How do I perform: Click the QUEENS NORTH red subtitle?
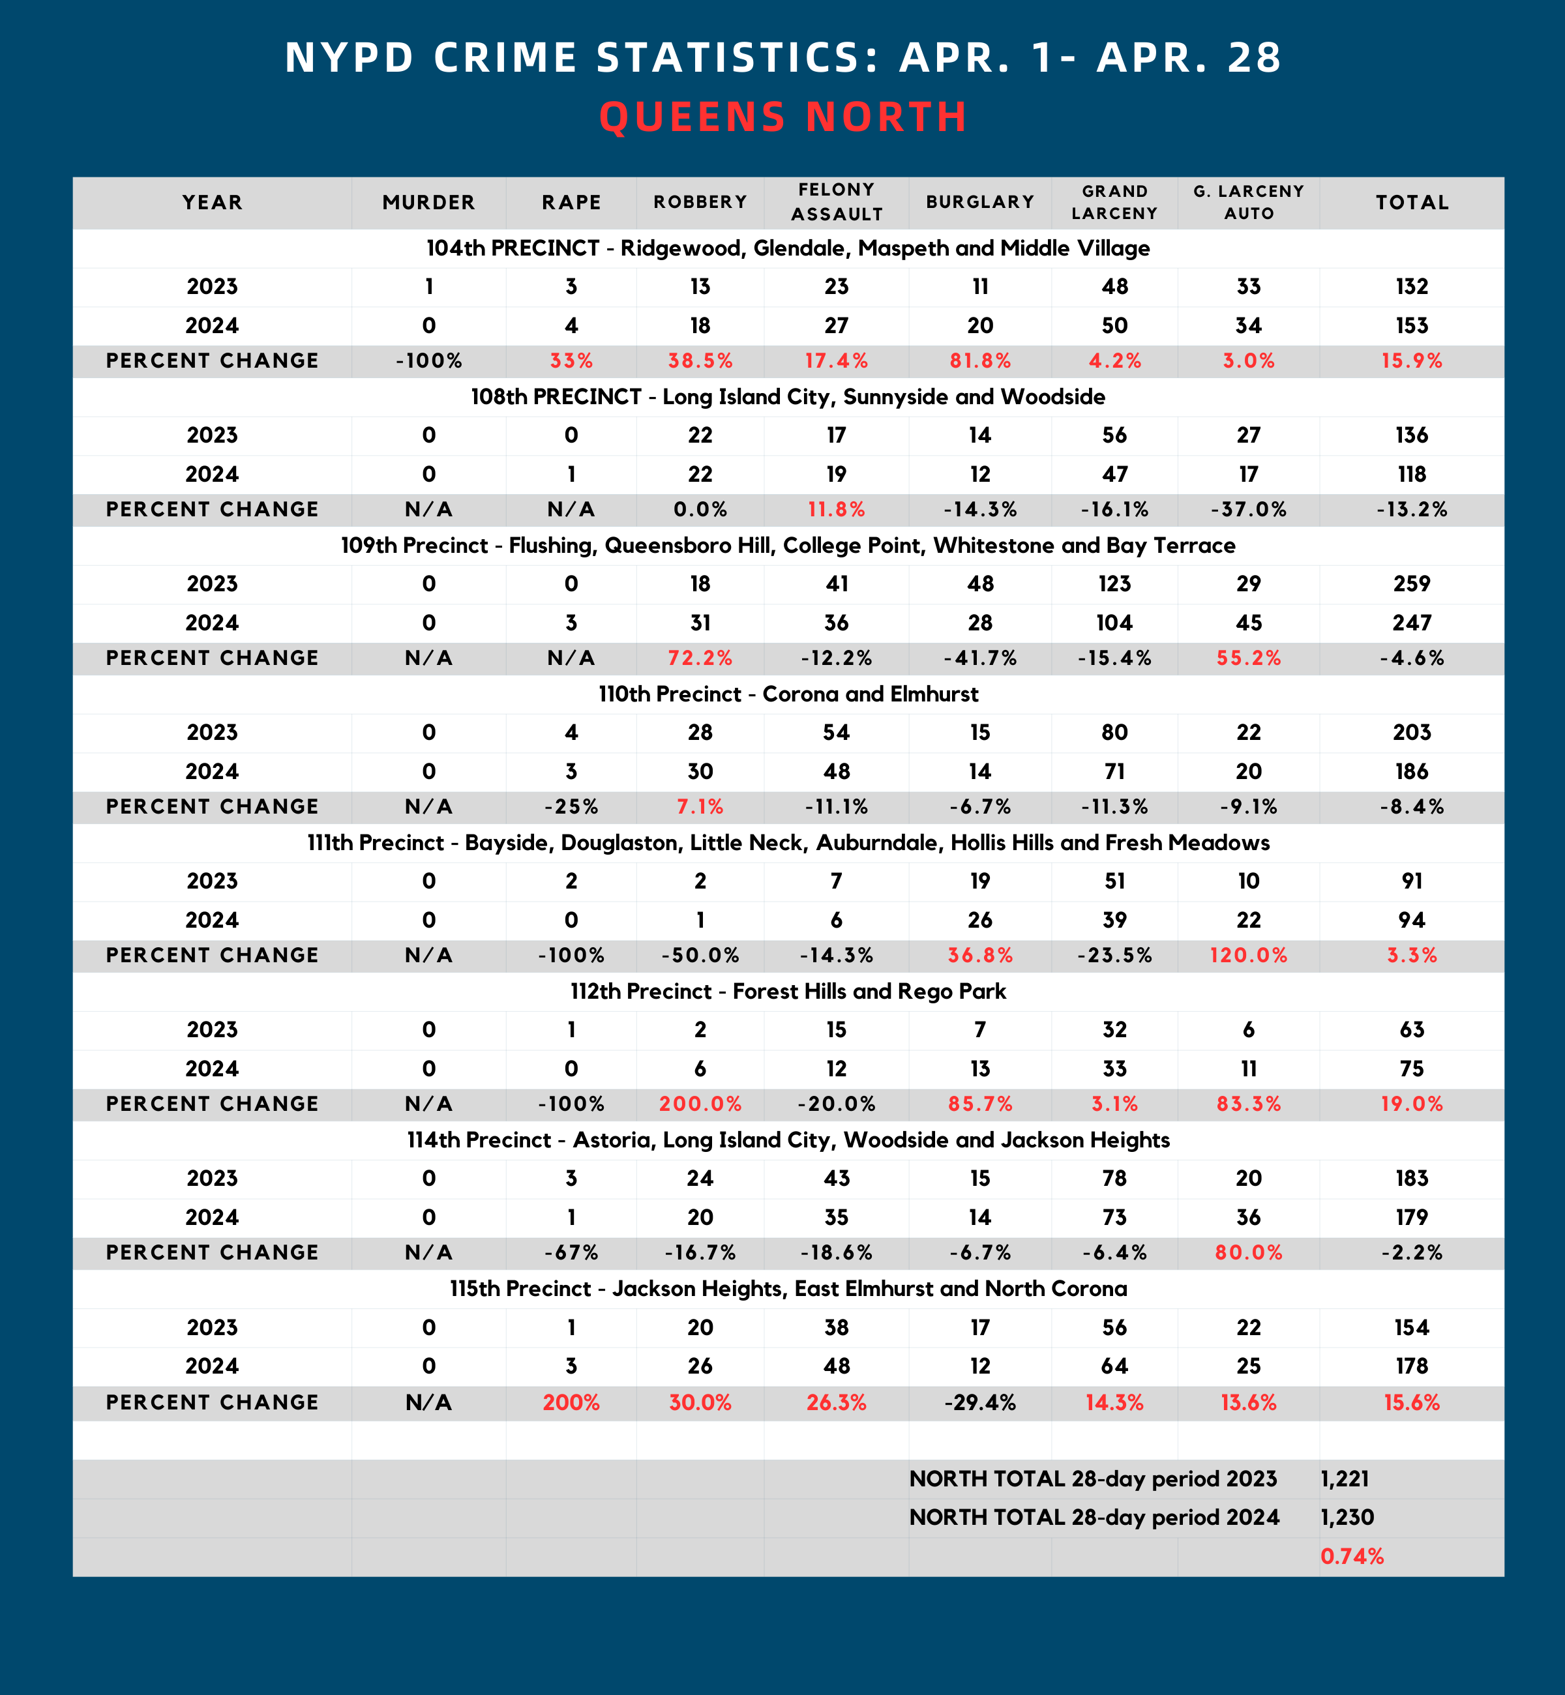782,117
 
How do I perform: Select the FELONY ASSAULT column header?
836,202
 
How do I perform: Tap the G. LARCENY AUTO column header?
1248,202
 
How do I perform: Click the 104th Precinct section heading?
788,248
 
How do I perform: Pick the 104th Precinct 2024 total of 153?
1411,326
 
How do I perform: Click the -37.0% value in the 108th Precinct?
1248,510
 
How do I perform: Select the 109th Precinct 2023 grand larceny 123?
1114,584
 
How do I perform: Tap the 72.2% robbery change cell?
700,658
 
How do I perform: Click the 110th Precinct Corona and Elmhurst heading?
788,694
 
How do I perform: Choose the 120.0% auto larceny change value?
1248,956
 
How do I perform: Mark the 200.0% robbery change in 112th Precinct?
700,1104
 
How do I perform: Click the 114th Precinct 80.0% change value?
1248,1253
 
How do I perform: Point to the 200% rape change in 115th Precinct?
571,1403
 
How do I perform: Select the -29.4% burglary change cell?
980,1403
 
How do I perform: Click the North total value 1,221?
1345,1479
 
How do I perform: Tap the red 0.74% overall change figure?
1352,1556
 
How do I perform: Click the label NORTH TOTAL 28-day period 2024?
1094,1517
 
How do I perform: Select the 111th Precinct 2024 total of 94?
1411,921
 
